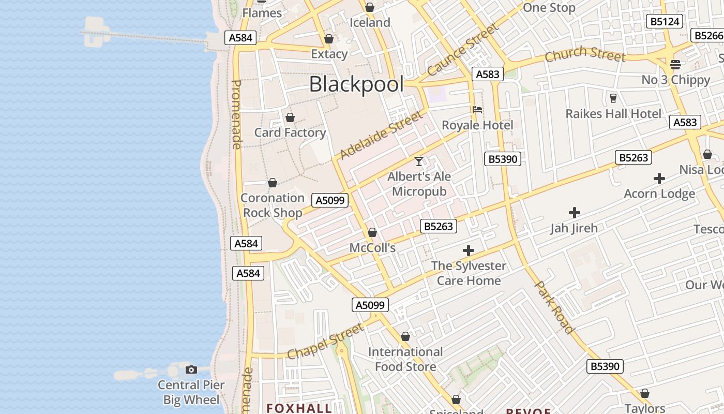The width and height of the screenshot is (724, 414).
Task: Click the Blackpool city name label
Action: tap(356, 84)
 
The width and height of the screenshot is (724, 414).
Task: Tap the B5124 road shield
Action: tap(665, 22)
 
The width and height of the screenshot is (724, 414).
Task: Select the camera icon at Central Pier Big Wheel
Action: tap(191, 369)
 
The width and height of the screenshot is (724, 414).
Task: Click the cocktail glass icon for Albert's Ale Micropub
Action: tap(419, 161)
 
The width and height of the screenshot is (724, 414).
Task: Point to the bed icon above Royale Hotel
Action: tap(477, 110)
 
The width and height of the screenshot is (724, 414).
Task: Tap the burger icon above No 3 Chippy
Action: tap(675, 65)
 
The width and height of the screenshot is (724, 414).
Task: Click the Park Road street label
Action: tap(554, 307)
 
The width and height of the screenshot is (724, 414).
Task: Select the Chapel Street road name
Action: tap(326, 342)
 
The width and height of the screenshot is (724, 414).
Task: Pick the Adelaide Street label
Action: tap(381, 136)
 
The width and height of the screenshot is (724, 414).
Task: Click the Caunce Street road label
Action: tap(462, 49)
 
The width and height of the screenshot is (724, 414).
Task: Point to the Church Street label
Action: tap(585, 53)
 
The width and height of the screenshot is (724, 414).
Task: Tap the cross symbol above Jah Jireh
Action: tap(574, 213)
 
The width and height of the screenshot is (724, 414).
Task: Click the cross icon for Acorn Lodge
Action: tap(659, 179)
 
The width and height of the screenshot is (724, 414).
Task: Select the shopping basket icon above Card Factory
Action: tap(290, 118)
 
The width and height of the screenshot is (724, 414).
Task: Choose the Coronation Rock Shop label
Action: tap(273, 205)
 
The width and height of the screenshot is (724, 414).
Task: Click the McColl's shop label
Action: tap(372, 248)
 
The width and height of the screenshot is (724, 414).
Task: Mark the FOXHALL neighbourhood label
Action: tap(299, 408)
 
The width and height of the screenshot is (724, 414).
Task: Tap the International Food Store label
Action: tap(405, 359)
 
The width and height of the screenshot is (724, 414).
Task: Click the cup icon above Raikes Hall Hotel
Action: tap(613, 98)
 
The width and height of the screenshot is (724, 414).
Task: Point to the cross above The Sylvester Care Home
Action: tap(469, 251)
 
